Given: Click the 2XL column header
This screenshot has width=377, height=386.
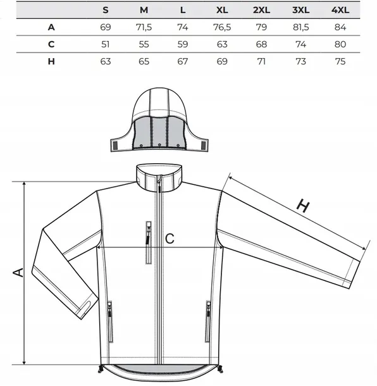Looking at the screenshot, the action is [x=261, y=10].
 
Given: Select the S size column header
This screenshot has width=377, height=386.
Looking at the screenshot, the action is [x=106, y=10].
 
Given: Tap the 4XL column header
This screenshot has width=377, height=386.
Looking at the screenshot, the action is [x=340, y=10].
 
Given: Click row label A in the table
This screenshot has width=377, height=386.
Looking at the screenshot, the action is [x=51, y=27].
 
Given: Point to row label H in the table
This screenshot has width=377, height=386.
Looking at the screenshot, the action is [x=51, y=61].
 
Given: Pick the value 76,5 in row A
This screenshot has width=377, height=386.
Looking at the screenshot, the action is [x=222, y=27].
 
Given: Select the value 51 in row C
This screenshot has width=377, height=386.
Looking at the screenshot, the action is [x=106, y=44].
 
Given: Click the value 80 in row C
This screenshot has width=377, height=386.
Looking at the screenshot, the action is [x=340, y=44].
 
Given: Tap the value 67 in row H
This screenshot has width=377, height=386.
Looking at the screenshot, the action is [x=183, y=61].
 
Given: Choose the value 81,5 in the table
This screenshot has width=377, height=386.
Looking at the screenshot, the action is [x=300, y=27].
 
